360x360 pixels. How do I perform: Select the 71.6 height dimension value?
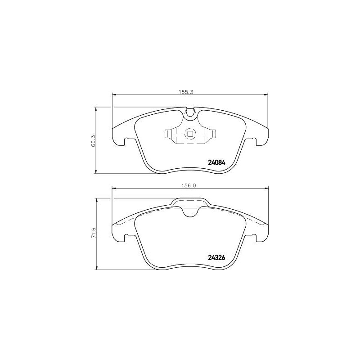[x=94, y=234]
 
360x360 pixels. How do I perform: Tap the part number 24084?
[x=216, y=162]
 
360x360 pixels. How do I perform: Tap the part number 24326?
[x=216, y=258]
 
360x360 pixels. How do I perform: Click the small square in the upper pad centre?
[x=190, y=134]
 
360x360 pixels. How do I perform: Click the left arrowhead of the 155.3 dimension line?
[x=114, y=94]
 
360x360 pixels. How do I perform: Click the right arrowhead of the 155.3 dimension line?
[x=265, y=94]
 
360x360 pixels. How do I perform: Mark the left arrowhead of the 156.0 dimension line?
[x=114, y=189]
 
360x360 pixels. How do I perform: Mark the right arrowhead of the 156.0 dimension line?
[x=265, y=189]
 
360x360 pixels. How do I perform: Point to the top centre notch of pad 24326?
[x=190, y=211]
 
